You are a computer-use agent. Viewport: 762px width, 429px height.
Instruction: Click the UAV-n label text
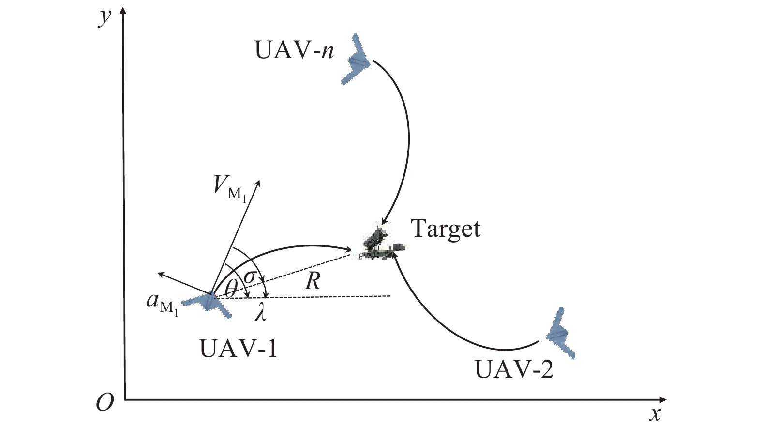(294, 50)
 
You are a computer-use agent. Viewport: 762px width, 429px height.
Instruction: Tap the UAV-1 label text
(239, 348)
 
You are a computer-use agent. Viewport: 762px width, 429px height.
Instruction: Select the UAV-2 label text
(514, 369)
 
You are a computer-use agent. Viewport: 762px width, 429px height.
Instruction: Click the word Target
(446, 229)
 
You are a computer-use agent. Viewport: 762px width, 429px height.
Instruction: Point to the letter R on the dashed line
(313, 281)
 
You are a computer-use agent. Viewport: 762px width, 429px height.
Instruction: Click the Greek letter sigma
(250, 277)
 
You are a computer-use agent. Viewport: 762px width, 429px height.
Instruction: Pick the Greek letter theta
(231, 289)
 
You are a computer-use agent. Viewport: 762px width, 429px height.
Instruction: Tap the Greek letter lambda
(261, 312)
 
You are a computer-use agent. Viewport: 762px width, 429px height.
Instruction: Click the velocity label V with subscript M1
(230, 188)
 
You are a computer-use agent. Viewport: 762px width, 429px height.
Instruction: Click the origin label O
(105, 402)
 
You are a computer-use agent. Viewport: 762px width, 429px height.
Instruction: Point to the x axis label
(655, 414)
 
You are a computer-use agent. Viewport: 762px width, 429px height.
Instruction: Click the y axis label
(104, 18)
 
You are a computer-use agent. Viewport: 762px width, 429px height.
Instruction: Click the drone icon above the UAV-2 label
(560, 333)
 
